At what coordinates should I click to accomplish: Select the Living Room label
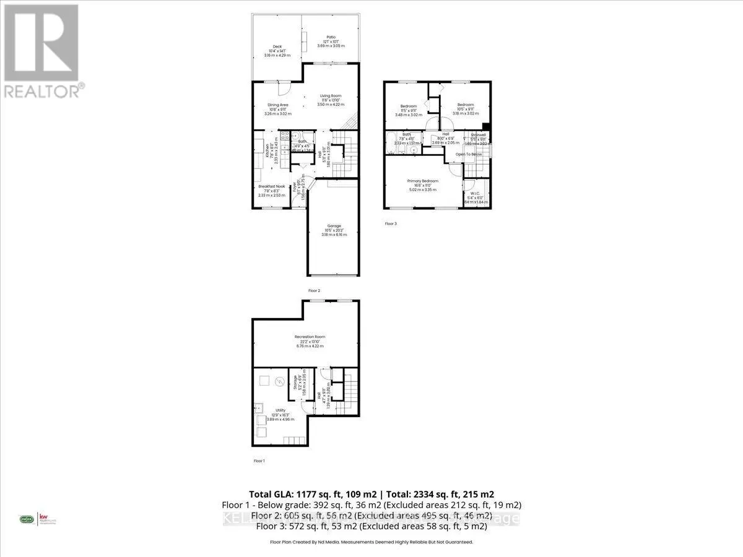pyautogui.click(x=331, y=95)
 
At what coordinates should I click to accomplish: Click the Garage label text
pyautogui.click(x=333, y=226)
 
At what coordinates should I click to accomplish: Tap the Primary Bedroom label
pyautogui.click(x=423, y=181)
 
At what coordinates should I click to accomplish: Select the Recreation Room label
pyautogui.click(x=310, y=337)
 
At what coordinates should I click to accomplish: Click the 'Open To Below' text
pyautogui.click(x=468, y=154)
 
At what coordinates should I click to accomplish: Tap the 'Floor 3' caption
pyautogui.click(x=390, y=223)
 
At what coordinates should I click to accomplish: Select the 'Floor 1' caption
pyautogui.click(x=259, y=461)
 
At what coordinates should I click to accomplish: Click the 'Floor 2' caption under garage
pyautogui.click(x=314, y=290)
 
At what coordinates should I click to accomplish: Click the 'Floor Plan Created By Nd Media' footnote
pyautogui.click(x=371, y=542)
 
